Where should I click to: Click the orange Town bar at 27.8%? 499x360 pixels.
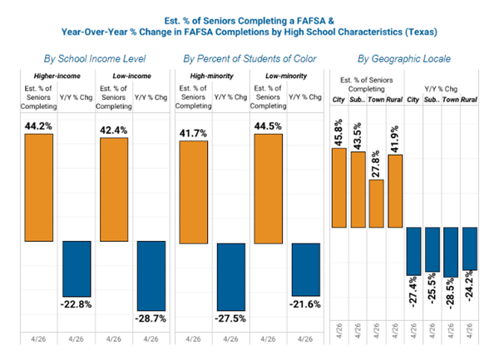376,203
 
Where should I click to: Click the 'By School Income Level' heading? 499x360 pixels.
96,60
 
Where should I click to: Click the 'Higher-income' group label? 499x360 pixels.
42,77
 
